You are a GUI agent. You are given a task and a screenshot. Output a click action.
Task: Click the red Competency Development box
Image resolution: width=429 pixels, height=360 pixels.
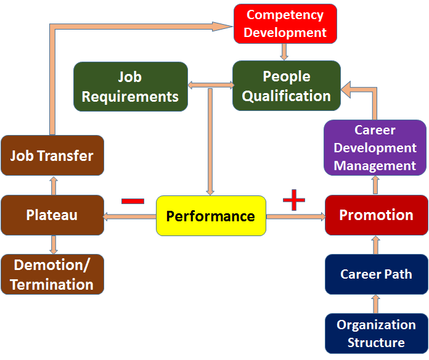(x=285, y=24)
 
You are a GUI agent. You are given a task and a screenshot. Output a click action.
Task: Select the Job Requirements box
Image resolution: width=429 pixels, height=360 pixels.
(x=131, y=86)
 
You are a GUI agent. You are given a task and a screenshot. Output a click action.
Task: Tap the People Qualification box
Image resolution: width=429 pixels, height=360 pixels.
(x=287, y=86)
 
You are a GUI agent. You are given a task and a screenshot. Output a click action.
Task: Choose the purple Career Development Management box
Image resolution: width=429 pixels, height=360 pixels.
(x=375, y=148)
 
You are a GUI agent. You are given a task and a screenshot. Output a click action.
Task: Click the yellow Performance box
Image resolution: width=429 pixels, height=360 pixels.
(x=211, y=216)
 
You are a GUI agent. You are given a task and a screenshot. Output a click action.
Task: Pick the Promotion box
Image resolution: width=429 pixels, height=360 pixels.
(x=377, y=215)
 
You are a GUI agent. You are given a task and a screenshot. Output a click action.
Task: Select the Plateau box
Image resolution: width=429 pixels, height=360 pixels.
(x=52, y=215)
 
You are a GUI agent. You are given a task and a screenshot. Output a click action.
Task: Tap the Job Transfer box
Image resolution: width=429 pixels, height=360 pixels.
(x=52, y=155)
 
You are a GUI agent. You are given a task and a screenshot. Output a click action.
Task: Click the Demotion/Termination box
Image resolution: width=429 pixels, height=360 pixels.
(x=52, y=274)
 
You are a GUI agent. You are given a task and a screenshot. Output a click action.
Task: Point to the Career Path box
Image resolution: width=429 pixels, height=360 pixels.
(x=377, y=274)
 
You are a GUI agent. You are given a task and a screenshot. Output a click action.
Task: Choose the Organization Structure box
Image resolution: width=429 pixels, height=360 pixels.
(x=377, y=333)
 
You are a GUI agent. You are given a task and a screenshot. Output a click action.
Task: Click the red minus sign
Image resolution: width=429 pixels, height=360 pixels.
(x=133, y=201)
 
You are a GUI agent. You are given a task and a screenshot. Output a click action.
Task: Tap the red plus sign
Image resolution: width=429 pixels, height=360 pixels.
(x=294, y=200)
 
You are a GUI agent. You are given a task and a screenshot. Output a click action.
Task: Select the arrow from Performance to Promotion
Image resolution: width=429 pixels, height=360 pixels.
(x=296, y=216)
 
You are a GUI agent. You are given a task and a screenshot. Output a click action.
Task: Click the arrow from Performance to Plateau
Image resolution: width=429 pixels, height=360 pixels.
(x=129, y=216)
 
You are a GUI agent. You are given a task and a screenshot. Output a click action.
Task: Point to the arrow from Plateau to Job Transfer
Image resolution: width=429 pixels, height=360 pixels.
(x=54, y=186)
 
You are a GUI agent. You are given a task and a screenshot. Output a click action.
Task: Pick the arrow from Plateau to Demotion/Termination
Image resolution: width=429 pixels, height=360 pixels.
(x=54, y=245)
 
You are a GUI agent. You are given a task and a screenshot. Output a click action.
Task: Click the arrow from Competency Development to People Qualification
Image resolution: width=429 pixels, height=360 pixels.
(x=284, y=52)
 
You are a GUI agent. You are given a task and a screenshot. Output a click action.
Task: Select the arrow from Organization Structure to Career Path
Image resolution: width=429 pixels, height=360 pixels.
(x=375, y=304)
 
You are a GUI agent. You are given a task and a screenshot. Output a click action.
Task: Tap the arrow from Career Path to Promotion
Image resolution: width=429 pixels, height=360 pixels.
(x=375, y=245)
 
